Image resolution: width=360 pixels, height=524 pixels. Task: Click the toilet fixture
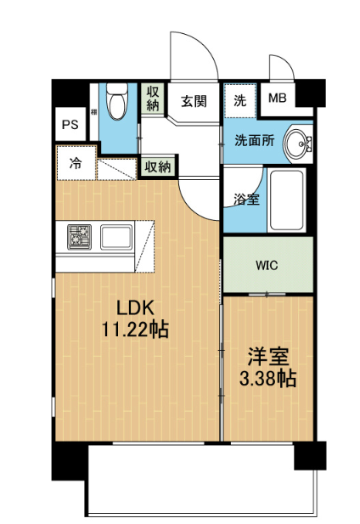click(x=117, y=101)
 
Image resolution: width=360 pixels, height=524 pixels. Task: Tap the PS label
click(x=70, y=125)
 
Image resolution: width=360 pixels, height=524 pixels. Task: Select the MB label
click(x=278, y=98)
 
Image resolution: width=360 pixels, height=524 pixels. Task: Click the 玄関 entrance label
click(x=194, y=101)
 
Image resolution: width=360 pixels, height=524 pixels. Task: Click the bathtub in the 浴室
click(x=287, y=200)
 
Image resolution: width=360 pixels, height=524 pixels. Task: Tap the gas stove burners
click(x=80, y=237)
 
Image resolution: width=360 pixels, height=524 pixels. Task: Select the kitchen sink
click(x=116, y=237)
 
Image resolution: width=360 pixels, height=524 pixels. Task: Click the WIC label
click(x=267, y=266)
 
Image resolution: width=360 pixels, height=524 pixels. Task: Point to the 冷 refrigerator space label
click(x=76, y=163)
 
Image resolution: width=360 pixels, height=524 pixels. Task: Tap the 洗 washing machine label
click(x=239, y=100)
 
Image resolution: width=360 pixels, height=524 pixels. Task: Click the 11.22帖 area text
click(x=135, y=330)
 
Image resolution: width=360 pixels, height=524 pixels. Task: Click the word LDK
click(x=135, y=308)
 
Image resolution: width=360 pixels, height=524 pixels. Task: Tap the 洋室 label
click(x=268, y=356)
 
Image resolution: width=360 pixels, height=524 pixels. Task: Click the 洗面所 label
click(x=255, y=140)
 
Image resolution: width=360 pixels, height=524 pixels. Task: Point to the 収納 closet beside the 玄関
click(x=153, y=99)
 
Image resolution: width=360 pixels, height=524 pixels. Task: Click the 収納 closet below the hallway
click(x=158, y=166)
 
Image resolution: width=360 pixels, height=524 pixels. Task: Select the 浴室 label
click(x=246, y=200)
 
